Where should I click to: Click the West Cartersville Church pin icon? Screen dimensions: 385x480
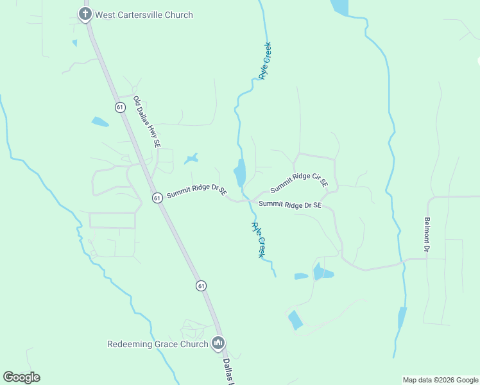(x=85, y=14)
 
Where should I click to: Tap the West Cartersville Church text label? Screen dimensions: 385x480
(x=144, y=15)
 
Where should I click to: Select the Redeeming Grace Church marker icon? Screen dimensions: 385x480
(x=218, y=344)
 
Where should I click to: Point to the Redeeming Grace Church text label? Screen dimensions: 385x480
(x=157, y=344)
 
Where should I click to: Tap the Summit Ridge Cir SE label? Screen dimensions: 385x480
(x=299, y=183)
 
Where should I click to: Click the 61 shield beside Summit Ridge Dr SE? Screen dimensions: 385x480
(x=157, y=198)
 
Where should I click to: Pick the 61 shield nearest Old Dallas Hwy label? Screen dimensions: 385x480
(x=120, y=107)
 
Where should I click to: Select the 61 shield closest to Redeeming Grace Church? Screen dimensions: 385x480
(x=201, y=285)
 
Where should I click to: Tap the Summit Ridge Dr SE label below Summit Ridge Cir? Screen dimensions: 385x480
(x=289, y=205)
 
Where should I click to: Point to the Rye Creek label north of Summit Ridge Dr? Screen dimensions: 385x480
(x=265, y=61)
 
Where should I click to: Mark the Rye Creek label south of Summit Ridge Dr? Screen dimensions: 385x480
(x=258, y=240)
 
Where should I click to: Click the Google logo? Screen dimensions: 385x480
(x=22, y=377)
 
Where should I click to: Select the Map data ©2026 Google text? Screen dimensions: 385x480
(x=440, y=380)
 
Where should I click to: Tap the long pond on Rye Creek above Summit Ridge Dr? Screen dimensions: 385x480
(x=239, y=173)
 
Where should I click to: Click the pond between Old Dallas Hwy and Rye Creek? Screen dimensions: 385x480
(x=191, y=158)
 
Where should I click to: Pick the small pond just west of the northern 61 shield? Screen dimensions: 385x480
(x=100, y=121)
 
